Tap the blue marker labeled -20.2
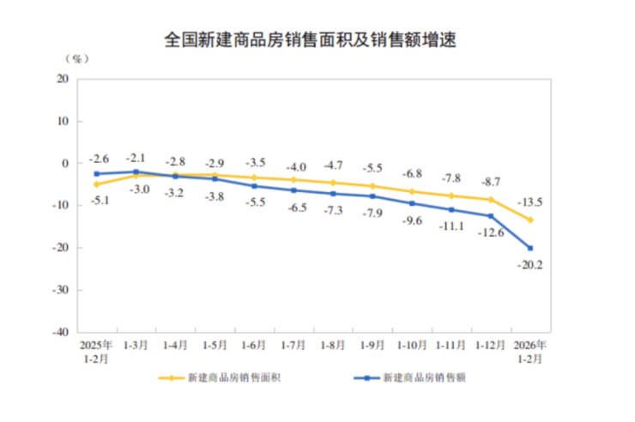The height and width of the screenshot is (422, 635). coord(530,248)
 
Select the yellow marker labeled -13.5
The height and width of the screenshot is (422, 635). coord(530,220)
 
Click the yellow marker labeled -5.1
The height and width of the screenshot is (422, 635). coord(96,184)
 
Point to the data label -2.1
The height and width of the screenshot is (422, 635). coord(136,158)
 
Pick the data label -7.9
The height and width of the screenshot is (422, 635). coord(372,214)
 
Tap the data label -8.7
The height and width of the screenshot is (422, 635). coord(491,182)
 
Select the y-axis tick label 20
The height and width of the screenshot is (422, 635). coord(63,79)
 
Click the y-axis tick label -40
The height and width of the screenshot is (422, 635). coord(60,332)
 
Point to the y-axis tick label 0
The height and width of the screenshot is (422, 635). coord(65,163)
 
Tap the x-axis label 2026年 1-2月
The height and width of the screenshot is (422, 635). coord(530,352)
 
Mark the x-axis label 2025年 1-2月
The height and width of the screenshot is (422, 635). coord(96,352)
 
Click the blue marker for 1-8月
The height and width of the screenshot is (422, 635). coord(333,194)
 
